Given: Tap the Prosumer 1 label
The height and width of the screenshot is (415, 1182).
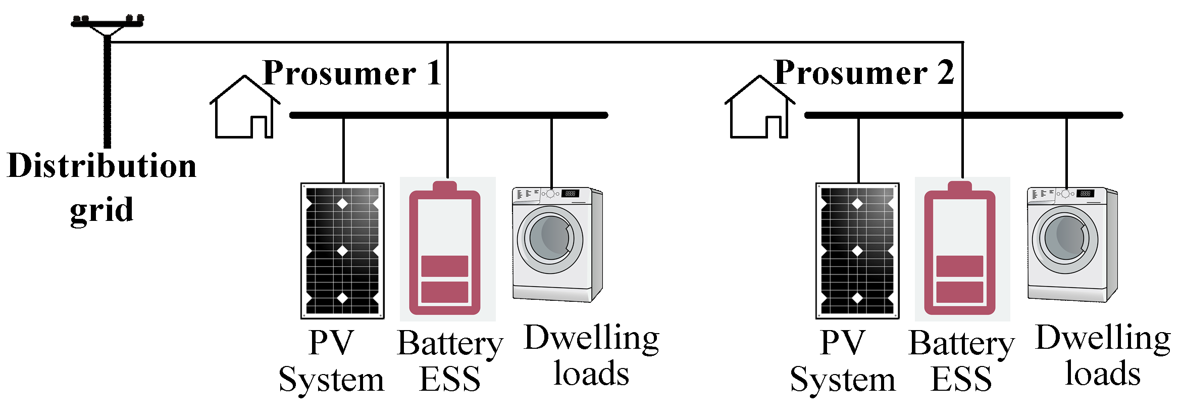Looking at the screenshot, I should [352, 73].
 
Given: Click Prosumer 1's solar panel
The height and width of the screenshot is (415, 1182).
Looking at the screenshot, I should [342, 251].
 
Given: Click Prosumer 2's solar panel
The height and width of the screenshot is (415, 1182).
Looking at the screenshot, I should [857, 251].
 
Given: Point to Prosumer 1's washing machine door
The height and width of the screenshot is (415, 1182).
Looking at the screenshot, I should [550, 239].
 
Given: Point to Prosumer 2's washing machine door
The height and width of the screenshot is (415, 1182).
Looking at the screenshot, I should [1065, 239].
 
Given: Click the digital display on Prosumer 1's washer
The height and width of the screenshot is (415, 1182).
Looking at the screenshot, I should [571, 193].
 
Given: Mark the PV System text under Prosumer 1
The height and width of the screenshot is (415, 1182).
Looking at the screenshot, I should [331, 360].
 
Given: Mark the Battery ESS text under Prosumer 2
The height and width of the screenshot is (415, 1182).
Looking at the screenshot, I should [961, 360].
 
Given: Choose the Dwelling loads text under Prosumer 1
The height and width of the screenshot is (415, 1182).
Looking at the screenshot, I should [591, 355].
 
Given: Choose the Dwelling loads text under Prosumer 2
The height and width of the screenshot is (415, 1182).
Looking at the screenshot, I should [1103, 355].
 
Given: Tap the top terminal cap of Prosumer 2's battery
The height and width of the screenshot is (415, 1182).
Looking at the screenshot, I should [960, 186].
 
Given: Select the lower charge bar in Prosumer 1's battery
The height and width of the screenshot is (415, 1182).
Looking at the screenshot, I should [445, 292].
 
